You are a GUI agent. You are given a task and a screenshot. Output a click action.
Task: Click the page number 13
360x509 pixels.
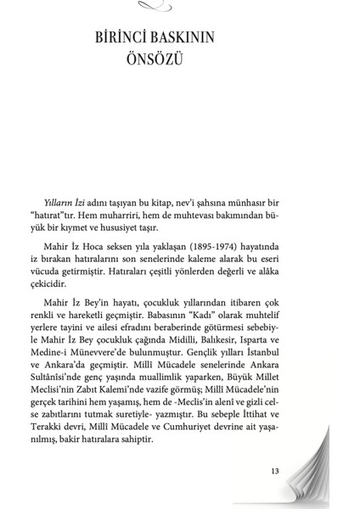275,473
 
